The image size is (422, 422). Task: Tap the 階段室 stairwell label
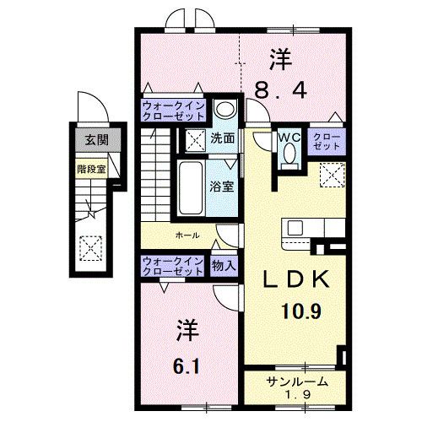click(x=88, y=167)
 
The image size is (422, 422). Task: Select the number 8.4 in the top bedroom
click(x=279, y=87)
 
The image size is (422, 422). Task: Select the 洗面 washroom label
click(x=223, y=138)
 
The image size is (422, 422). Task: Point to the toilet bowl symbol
click(x=289, y=156)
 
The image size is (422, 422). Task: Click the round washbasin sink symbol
click(x=224, y=108)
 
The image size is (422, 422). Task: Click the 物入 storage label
click(x=224, y=266)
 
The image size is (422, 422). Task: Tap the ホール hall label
click(x=188, y=235)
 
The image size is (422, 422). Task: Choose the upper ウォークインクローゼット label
click(x=173, y=112)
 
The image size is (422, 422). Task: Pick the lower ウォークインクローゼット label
click(x=172, y=267)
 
